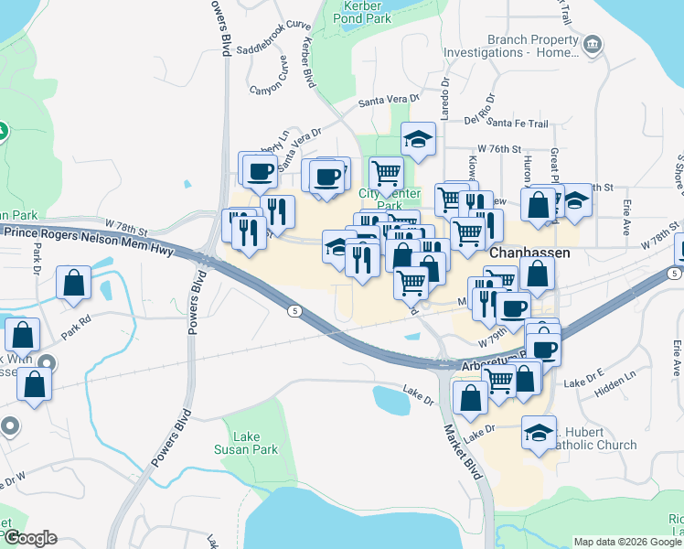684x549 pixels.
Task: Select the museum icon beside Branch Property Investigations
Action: [593, 44]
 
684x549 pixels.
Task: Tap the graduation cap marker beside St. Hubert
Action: [539, 431]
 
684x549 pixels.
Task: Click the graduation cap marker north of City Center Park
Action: [419, 139]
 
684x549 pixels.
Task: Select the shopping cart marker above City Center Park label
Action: [387, 172]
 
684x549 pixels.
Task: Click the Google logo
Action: [30, 538]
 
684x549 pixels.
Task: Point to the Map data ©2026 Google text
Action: [627, 542]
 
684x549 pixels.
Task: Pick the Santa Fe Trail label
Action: [518, 123]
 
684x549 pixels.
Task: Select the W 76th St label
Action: [498, 148]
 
